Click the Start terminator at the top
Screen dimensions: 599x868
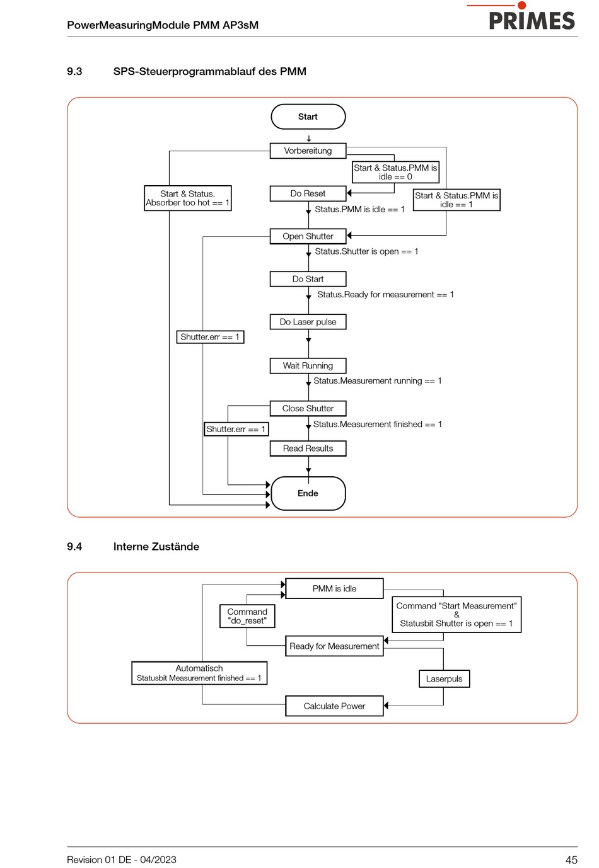308,117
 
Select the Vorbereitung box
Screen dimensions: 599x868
308,151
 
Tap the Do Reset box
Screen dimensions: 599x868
308,193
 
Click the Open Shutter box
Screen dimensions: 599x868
308,236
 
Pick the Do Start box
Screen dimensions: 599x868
308,279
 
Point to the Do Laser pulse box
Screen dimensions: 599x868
308,322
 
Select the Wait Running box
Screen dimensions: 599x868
308,365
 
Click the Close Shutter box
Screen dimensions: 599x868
308,408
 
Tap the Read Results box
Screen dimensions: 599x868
308,448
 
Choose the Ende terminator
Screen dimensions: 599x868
308,493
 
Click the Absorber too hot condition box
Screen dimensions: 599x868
188,198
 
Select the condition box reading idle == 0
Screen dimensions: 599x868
395,172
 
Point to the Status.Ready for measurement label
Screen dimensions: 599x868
385,295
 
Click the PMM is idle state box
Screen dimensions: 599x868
334,588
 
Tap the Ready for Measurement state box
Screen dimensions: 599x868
334,646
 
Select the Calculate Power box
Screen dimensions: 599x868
334,706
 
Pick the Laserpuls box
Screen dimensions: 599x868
445,679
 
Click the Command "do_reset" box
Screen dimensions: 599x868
247,616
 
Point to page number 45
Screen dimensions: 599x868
571,860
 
